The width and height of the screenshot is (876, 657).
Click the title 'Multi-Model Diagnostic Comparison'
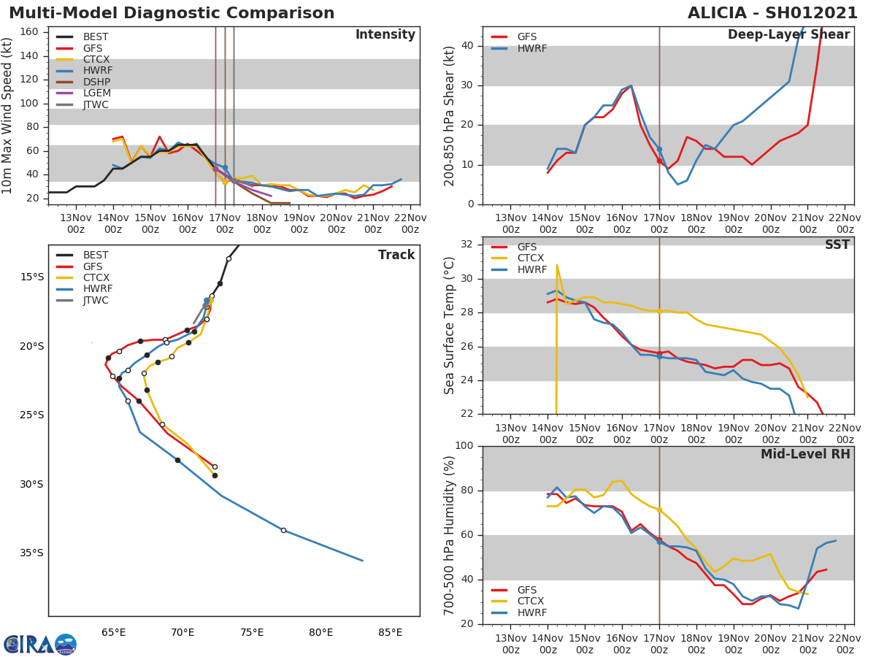tap(172, 13)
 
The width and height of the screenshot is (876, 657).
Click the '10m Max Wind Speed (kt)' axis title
tap(8, 115)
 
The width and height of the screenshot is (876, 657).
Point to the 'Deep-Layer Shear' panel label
tap(788, 35)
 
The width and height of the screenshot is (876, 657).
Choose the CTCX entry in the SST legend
tap(531, 258)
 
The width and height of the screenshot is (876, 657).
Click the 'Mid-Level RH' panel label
tap(805, 454)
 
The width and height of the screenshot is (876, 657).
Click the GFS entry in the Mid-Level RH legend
tap(526, 590)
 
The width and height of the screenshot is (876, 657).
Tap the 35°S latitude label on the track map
tap(31, 553)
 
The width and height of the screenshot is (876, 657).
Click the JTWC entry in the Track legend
tap(96, 300)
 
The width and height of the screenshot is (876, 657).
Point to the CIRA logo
tap(40, 644)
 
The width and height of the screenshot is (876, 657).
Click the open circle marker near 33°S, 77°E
tap(283, 530)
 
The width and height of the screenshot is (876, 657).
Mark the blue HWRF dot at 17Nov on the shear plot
tap(659, 149)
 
